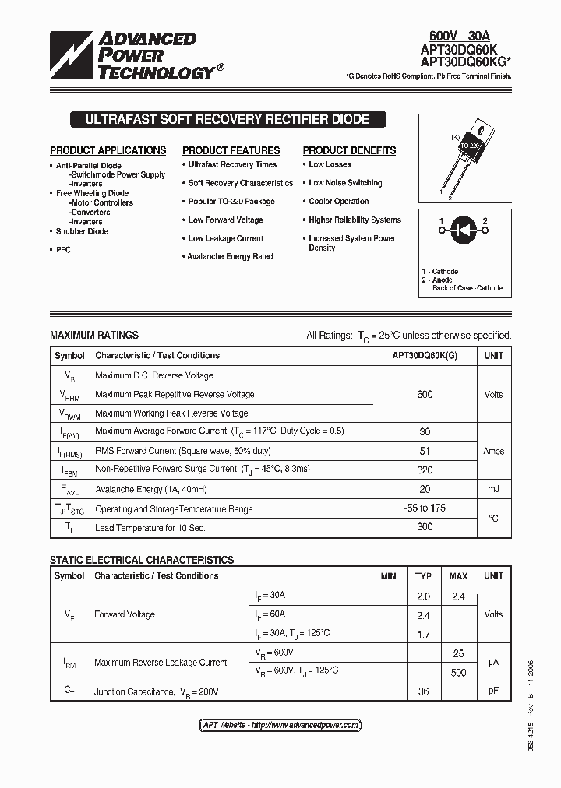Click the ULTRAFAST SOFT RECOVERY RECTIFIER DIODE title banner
click(227, 120)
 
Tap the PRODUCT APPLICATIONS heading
click(108, 150)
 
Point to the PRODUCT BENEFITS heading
click(349, 150)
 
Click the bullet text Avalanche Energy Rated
click(231, 256)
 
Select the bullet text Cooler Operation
click(339, 201)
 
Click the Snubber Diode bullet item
click(82, 231)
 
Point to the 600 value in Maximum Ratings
click(425, 395)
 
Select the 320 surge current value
click(425, 470)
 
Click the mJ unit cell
click(493, 489)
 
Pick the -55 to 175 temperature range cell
click(425, 508)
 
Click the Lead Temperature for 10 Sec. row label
click(150, 528)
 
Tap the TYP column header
click(423, 576)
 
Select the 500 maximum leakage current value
click(458, 673)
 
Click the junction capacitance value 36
click(423, 691)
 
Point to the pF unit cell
click(493, 691)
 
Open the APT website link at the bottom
click(280, 725)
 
